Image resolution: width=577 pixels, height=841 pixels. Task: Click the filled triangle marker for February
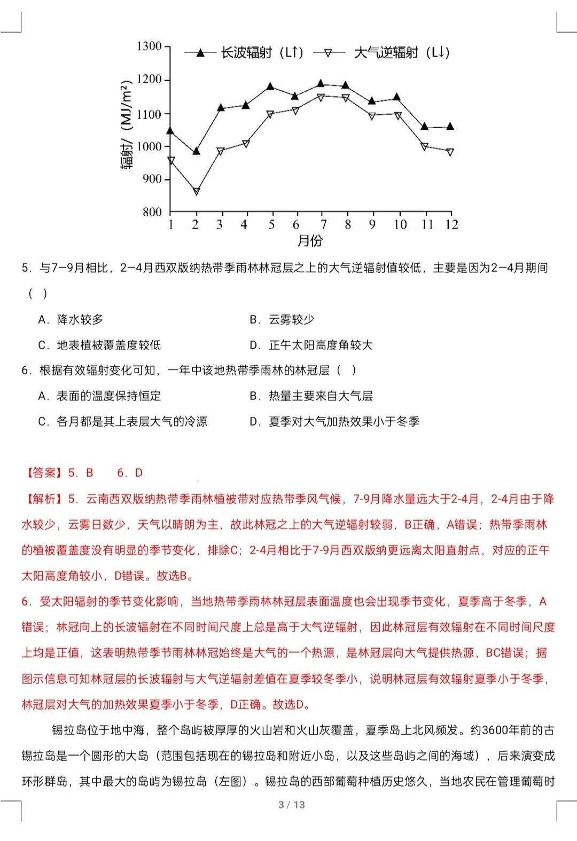coord(196,152)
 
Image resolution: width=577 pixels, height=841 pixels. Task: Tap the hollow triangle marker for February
coord(196,191)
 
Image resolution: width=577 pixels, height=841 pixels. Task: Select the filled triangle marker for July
coord(321,84)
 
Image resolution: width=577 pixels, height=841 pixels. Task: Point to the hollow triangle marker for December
coord(450,152)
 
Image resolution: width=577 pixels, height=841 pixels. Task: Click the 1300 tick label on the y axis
coord(149,46)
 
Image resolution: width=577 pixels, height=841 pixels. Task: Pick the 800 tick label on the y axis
coord(152,212)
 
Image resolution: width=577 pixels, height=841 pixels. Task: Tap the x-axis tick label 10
coord(400,225)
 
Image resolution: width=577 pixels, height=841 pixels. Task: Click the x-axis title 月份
coord(310,241)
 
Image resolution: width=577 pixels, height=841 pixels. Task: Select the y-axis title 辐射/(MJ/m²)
coord(127,125)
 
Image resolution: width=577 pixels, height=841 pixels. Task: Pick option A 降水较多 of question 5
coord(71,319)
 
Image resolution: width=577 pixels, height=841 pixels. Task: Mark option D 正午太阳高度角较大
coord(311,345)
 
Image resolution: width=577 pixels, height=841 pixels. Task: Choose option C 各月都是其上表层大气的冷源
coord(122,422)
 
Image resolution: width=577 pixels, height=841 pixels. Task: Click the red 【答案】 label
coord(42,473)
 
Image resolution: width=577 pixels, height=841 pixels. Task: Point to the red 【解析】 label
coord(42,499)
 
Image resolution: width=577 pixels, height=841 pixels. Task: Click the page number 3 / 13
coord(291,805)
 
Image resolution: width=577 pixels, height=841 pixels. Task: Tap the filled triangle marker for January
coord(170,130)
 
